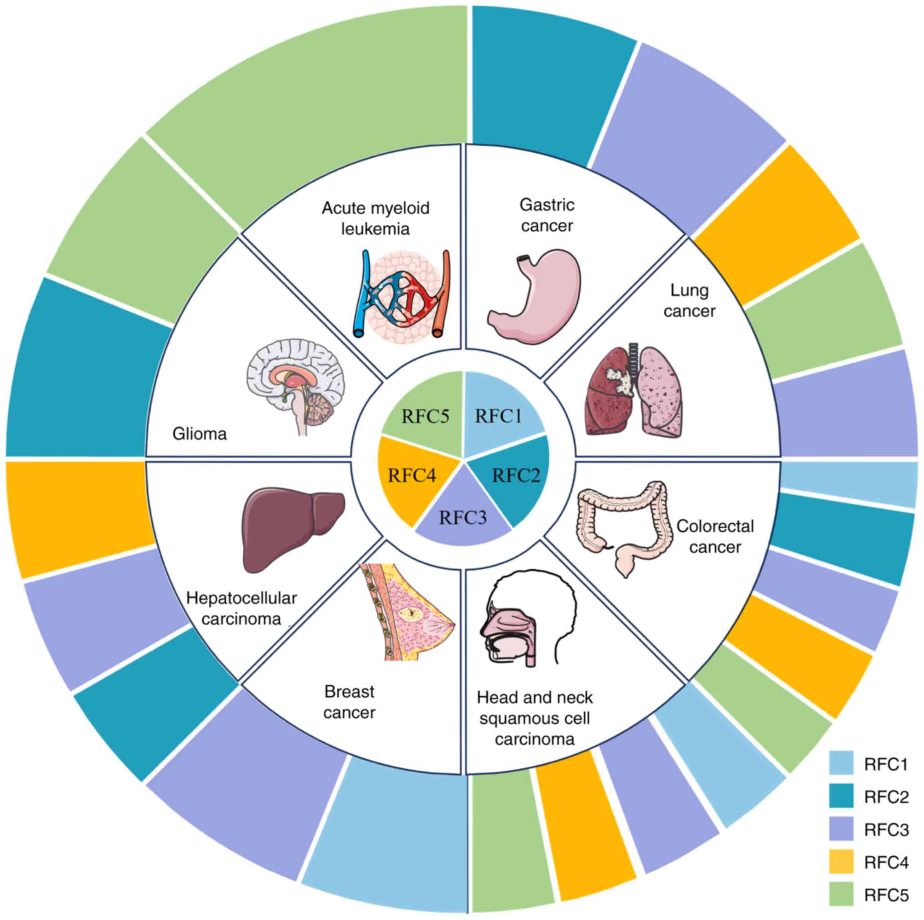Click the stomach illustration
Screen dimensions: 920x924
[535, 295]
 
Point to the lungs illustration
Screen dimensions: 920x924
[634, 389]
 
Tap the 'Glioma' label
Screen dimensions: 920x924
[200, 434]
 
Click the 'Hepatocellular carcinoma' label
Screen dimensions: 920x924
[241, 608]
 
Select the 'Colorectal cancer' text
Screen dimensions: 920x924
[715, 536]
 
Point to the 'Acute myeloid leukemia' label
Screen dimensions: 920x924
[376, 218]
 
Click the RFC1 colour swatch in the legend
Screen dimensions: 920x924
[841, 763]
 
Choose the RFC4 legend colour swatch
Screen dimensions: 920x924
[841, 862]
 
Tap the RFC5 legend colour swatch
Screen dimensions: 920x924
[841, 894]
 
